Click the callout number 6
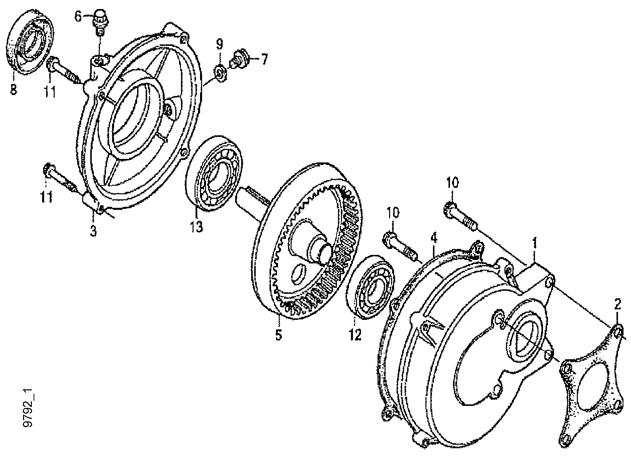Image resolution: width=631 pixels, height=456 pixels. point(78,17)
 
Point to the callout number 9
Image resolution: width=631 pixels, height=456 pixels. point(220,44)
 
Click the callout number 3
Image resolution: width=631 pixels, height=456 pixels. point(93,231)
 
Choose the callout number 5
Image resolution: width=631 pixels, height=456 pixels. point(279,335)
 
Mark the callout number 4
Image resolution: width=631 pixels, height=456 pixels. point(434,239)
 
